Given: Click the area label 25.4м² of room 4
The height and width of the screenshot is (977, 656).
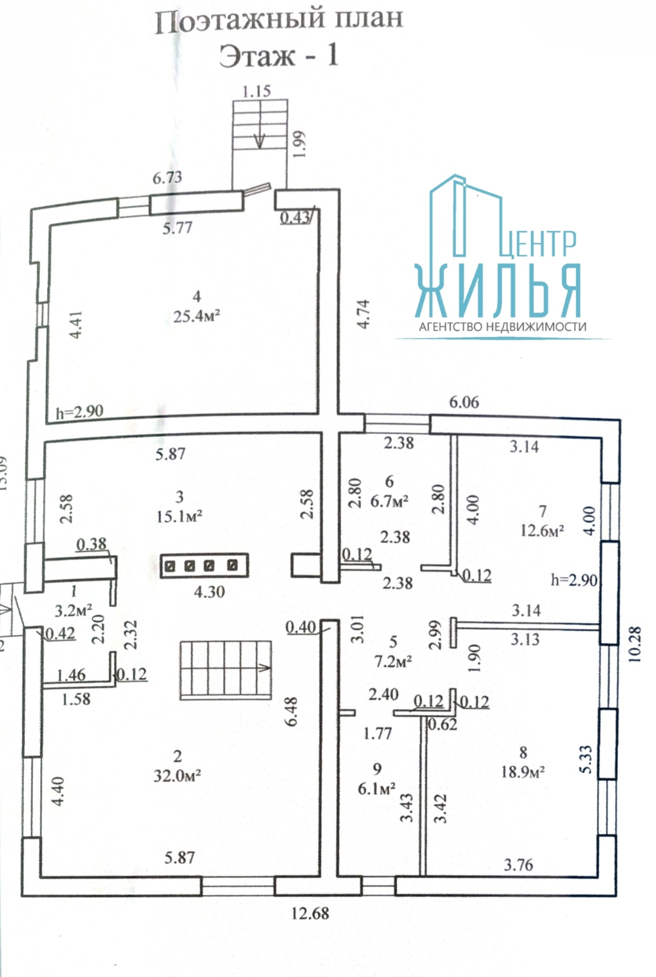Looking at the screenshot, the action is [196, 316].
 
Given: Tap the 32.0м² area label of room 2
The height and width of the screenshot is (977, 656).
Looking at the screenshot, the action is [177, 776].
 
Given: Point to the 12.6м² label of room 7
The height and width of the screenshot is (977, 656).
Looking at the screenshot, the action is [542, 530].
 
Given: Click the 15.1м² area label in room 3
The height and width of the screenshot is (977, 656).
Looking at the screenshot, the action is [179, 516].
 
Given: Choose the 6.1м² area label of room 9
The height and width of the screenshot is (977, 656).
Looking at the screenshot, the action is [377, 788].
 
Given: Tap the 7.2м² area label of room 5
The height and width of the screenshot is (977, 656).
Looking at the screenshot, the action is [394, 661].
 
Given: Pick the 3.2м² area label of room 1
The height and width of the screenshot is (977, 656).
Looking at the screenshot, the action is [73, 611].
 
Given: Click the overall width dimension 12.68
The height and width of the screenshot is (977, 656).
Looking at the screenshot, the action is [310, 913].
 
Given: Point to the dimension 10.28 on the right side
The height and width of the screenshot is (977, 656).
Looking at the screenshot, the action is [636, 644].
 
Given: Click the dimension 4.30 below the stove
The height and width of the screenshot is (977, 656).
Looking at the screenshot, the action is [209, 591].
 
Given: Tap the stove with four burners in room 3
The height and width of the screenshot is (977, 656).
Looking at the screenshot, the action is [204, 566].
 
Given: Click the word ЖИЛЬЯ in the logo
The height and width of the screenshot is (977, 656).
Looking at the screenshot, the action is [498, 291].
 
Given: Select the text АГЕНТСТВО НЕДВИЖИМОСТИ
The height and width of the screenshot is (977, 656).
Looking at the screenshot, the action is [503, 326].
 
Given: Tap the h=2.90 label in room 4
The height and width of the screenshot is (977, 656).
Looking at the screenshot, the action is [80, 411].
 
